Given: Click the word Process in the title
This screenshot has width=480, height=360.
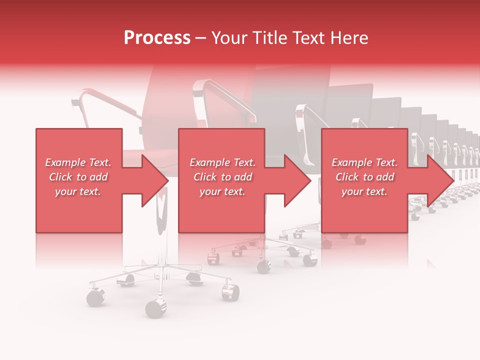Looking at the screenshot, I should click(157, 38).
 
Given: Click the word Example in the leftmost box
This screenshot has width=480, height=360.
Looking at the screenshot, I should click(65, 162).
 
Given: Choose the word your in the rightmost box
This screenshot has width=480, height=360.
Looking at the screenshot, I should click(352, 191).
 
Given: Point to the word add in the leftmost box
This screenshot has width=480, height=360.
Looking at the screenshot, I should click(98, 177).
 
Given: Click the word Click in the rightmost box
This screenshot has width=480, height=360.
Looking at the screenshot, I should click(346, 177).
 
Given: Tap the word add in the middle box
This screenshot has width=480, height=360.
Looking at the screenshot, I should click(243, 177).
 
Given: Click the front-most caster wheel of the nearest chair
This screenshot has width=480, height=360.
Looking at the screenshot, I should click(155, 308).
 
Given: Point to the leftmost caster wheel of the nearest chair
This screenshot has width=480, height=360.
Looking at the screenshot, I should click(95, 297).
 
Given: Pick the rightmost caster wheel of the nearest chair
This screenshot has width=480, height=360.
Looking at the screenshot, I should click(230, 291).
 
